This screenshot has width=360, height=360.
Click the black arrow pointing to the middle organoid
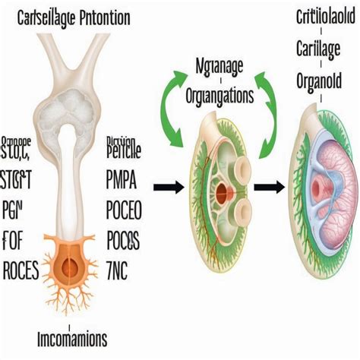pos(169,184)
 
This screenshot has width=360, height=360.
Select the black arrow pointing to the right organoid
pos(268,185)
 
